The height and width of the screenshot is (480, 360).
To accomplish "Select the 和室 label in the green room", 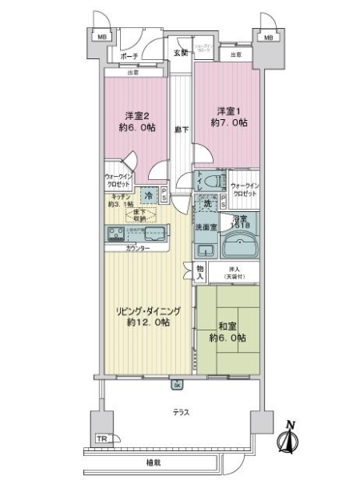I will [x=231, y=330].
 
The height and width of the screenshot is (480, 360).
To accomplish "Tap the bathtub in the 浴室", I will [x=240, y=240].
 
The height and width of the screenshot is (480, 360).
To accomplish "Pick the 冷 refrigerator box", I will [x=148, y=194].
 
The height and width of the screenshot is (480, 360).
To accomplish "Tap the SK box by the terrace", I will [x=177, y=385].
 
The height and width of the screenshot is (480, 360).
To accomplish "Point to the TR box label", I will [x=101, y=439].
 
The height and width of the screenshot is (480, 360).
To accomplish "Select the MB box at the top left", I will [x=102, y=37].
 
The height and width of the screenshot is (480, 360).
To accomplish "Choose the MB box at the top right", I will [x=267, y=37].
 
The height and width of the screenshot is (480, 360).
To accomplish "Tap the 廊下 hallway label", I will [x=181, y=128].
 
